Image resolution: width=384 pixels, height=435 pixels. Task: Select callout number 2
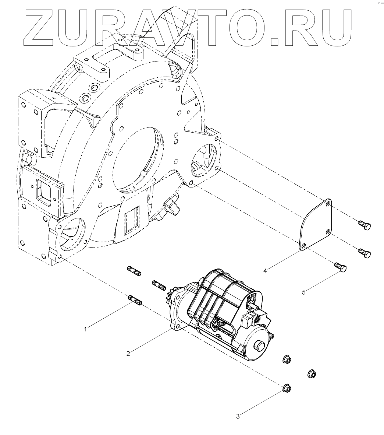coord(128,354)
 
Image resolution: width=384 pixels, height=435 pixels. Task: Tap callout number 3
coord(238,417)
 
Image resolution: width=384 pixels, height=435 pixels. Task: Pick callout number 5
coord(304,292)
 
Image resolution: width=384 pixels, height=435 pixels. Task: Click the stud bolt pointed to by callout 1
coord(135,300)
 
